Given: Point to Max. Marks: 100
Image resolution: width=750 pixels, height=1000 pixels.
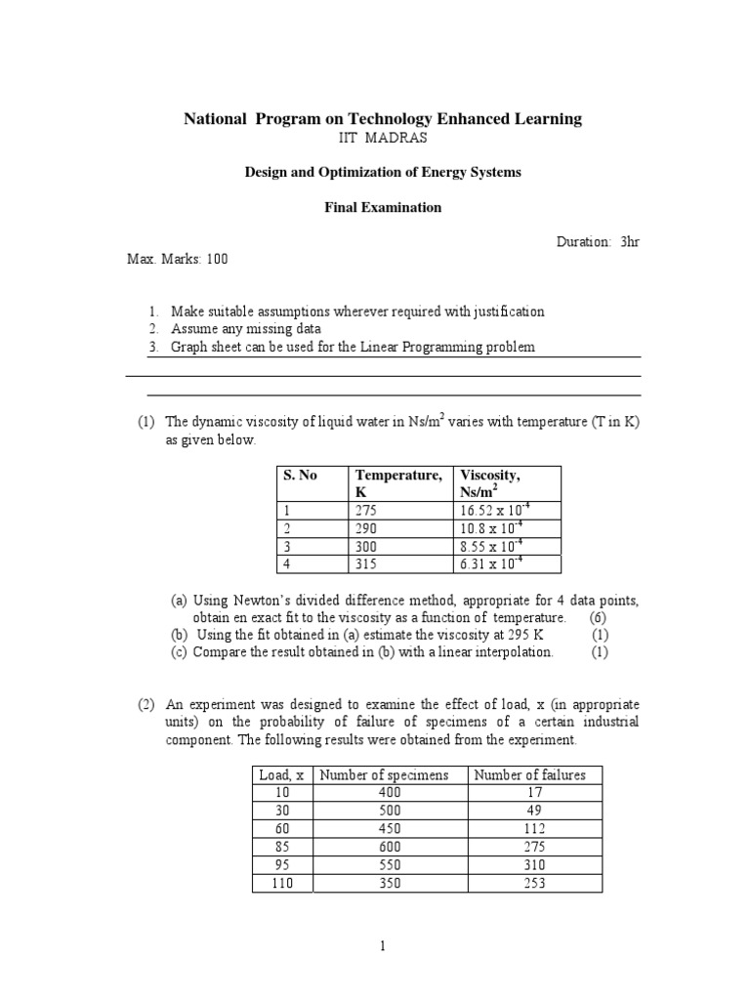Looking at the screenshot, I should (x=179, y=259).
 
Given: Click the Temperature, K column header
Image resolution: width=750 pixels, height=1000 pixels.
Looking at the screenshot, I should (x=398, y=483).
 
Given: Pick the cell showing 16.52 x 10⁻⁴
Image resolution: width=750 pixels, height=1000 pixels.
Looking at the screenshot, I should (x=495, y=511).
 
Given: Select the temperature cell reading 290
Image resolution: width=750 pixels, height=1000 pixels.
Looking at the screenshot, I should (x=366, y=528).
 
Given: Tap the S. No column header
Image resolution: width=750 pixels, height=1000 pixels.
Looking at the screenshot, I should (x=301, y=476).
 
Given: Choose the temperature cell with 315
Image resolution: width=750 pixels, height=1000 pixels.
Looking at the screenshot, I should (x=366, y=563).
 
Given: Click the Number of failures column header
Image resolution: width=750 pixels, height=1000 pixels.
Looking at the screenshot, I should (x=529, y=775).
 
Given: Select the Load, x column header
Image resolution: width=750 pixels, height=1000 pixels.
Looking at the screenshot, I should (x=281, y=775).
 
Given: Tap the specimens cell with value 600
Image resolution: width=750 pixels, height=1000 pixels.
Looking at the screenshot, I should (x=391, y=847).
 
